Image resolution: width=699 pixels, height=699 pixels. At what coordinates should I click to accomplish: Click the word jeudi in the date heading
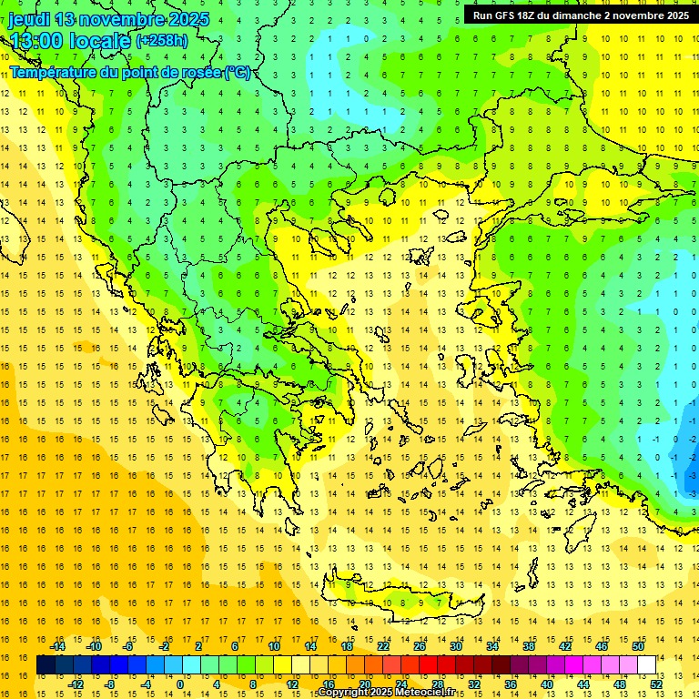[x=30, y=19]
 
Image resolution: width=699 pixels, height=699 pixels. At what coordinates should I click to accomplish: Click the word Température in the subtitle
[x=55, y=72]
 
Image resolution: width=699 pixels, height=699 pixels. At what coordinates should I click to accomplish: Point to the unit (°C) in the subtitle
[x=238, y=72]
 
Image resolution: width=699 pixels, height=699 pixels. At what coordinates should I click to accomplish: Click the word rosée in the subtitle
[x=198, y=72]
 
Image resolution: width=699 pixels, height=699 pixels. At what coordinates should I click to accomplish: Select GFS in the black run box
[x=510, y=15]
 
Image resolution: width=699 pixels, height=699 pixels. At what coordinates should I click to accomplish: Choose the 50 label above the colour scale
[x=637, y=646]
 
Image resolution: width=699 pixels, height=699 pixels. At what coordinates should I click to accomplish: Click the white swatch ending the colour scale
[x=646, y=665]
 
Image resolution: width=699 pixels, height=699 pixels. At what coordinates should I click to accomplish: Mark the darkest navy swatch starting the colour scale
[x=46, y=665]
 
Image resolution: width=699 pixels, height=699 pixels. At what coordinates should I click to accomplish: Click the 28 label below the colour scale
[x=438, y=684]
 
